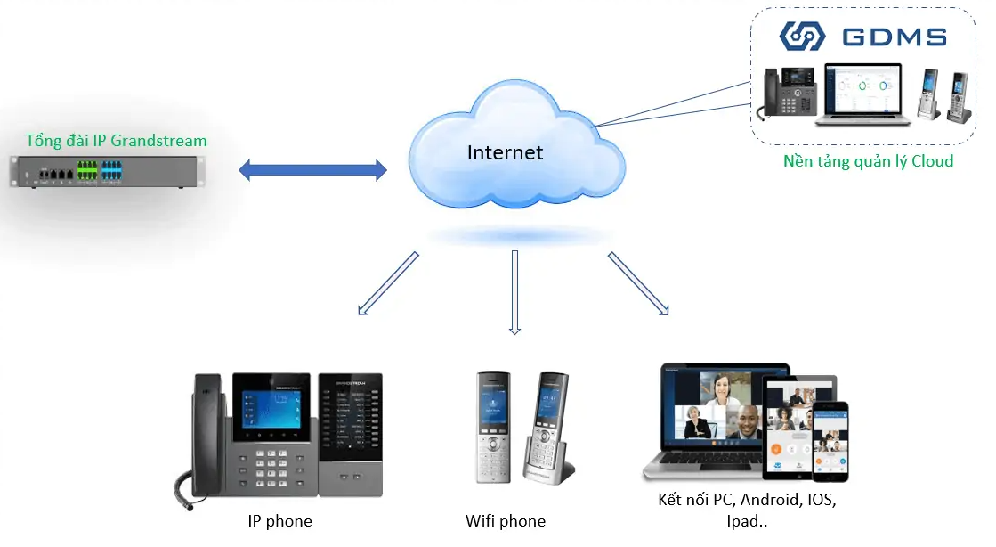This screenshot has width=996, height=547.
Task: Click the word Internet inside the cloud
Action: click(505, 152)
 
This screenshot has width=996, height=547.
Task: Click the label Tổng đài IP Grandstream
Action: click(116, 141)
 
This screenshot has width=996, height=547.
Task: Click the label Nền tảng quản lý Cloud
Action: click(868, 161)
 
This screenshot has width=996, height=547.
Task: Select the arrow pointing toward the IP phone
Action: click(387, 283)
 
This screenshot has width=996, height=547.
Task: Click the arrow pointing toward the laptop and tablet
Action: click(638, 283)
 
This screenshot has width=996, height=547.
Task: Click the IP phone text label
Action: click(279, 521)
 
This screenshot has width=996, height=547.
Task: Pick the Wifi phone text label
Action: click(505, 521)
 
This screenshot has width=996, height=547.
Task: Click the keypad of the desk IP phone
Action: click(271, 463)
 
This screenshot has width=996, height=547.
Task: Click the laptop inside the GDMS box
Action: click(863, 94)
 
